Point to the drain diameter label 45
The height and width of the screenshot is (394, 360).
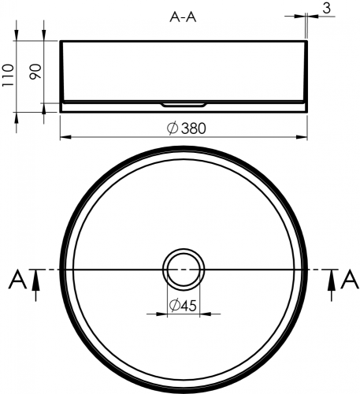click(x=187, y=306)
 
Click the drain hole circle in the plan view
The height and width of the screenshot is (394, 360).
click(x=183, y=269)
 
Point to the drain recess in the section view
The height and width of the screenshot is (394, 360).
click(x=183, y=103)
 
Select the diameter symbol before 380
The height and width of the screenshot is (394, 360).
click(x=171, y=128)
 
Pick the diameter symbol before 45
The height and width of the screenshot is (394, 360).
click(x=174, y=306)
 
